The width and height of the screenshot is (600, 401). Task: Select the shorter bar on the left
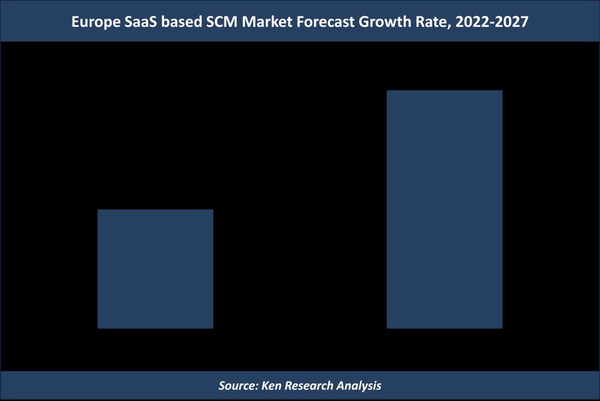click(155, 269)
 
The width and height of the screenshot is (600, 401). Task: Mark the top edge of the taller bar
click(444, 91)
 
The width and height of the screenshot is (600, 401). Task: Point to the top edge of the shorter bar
click(155, 210)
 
